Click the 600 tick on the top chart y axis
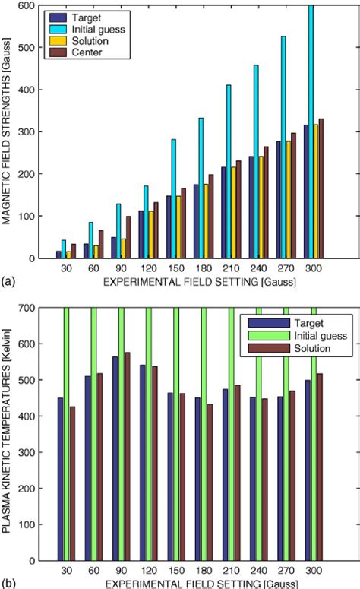tap(34, 6)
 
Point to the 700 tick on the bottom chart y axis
tap(34, 308)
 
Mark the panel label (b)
tap(9, 583)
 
